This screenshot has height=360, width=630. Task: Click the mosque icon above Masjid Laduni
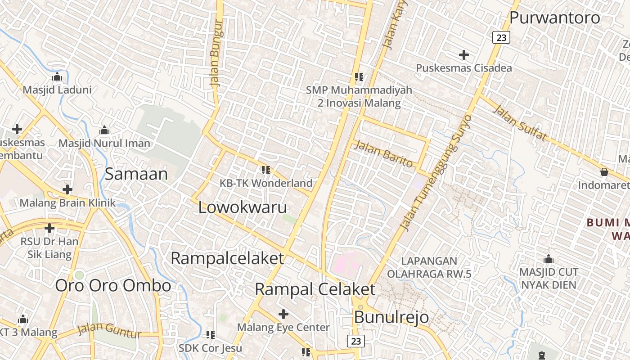[x=57, y=76]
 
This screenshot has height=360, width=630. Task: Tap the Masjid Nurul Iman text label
[x=104, y=143]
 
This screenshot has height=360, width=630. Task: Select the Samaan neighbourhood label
[x=136, y=174]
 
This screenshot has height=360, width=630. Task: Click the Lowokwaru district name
[x=243, y=207]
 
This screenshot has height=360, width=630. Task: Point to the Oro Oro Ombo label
[x=113, y=285]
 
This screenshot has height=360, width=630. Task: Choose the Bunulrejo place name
[x=391, y=317]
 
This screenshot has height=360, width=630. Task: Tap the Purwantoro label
[x=555, y=18]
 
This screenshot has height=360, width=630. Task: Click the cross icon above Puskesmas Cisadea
[x=463, y=55]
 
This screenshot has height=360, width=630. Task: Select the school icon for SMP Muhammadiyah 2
[x=359, y=76]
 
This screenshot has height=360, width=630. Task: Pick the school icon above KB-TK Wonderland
[x=265, y=170]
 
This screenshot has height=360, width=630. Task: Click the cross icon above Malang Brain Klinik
[x=67, y=189]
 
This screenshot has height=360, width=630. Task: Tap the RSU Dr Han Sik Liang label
[x=49, y=248]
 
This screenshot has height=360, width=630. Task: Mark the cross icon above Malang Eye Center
[x=283, y=314]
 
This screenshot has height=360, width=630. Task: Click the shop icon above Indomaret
[x=604, y=172]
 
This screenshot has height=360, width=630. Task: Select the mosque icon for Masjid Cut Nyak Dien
[x=548, y=259]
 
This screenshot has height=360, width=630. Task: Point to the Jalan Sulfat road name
[x=520, y=122]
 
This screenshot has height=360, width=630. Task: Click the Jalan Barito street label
[x=384, y=153]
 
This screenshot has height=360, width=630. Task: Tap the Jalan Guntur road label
[x=109, y=330]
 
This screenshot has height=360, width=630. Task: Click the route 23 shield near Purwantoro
[x=501, y=37]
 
